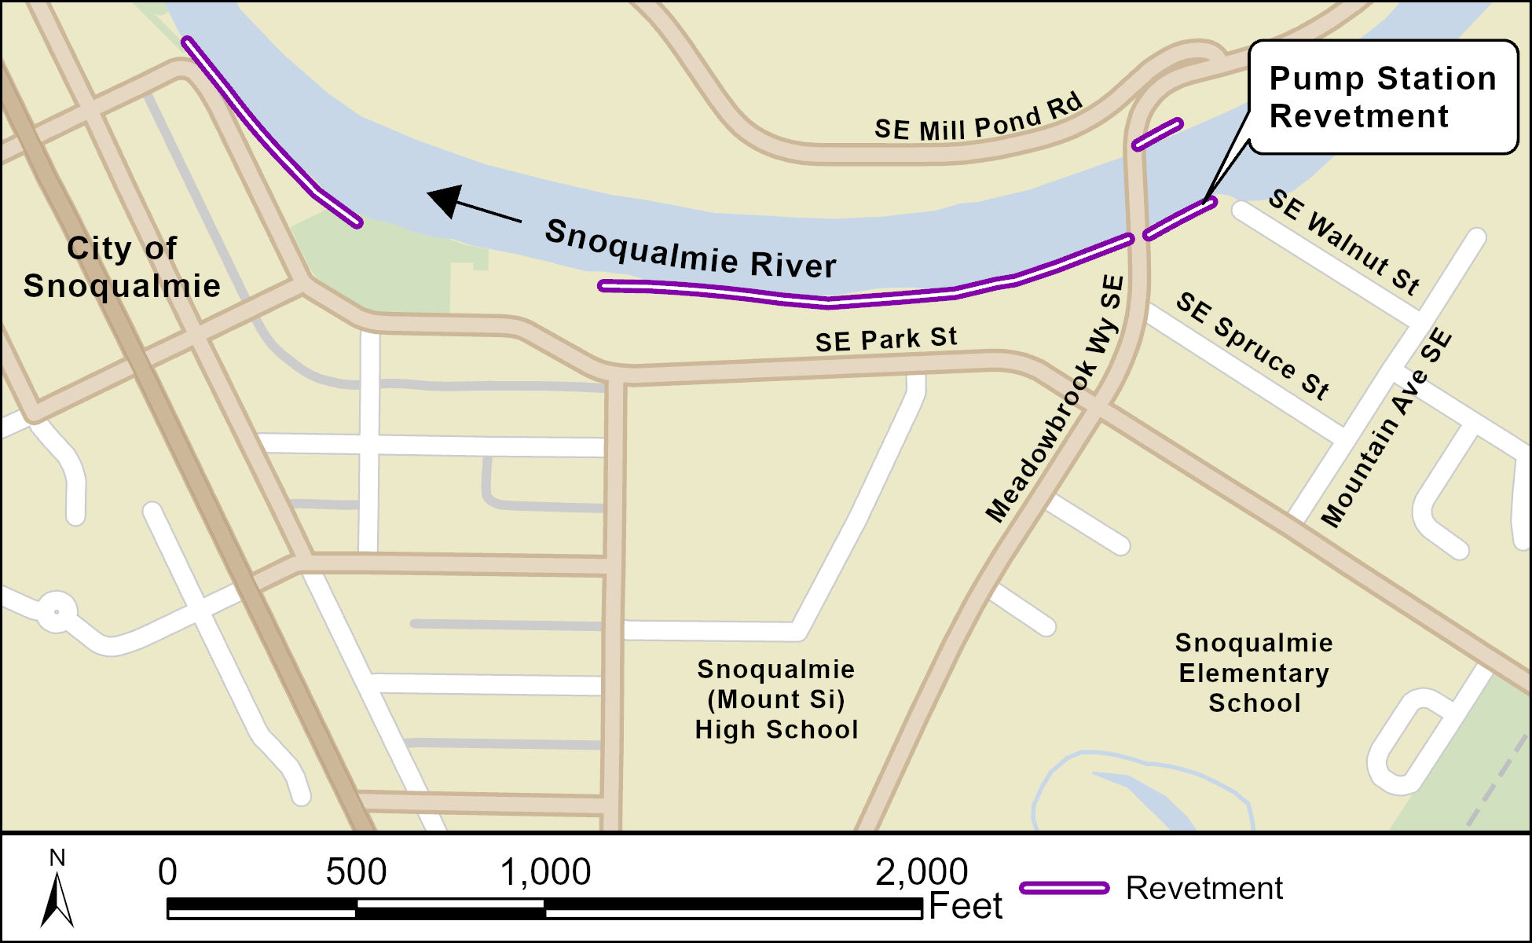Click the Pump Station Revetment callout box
1383,97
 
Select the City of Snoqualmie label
122,266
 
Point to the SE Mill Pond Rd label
978,119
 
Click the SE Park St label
885,339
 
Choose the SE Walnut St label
1344,241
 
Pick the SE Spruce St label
1252,345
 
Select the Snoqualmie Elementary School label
1254,673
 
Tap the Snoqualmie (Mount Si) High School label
776,699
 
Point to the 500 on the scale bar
356,871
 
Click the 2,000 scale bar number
922,871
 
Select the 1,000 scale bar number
545,871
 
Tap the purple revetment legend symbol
1064,888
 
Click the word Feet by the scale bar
966,906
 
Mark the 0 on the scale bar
167,871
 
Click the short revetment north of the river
1156,134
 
